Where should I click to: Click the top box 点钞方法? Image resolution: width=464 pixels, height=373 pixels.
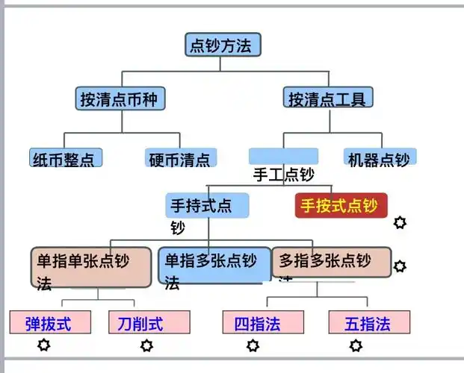point(223,45)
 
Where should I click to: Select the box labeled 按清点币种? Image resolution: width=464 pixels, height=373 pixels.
point(120,98)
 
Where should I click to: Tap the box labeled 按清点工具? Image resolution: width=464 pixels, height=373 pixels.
point(329,98)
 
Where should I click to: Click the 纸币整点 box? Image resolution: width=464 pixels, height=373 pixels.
point(66,158)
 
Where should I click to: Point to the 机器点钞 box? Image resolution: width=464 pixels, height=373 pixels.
point(380,158)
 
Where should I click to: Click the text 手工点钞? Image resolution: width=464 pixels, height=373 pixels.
point(283,175)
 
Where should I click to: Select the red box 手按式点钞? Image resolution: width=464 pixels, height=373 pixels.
point(340,206)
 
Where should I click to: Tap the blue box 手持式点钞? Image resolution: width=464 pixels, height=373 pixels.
point(207,206)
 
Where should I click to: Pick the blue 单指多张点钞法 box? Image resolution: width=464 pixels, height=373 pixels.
point(214,266)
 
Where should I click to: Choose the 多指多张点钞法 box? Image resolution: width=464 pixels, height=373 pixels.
point(331,262)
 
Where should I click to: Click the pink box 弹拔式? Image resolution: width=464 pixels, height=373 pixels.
point(50,323)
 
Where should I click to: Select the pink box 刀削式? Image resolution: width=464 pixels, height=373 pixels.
point(149,323)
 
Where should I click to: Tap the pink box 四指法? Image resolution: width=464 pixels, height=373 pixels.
point(263,323)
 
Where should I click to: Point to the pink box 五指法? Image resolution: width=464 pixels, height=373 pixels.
point(370,323)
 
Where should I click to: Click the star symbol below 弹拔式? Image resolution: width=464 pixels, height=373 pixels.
point(44,345)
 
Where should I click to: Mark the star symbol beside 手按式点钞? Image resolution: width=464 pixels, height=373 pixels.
point(400,222)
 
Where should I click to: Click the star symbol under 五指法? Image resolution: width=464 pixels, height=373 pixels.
point(356,345)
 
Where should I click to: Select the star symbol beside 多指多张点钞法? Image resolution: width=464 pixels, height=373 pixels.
point(400,266)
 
